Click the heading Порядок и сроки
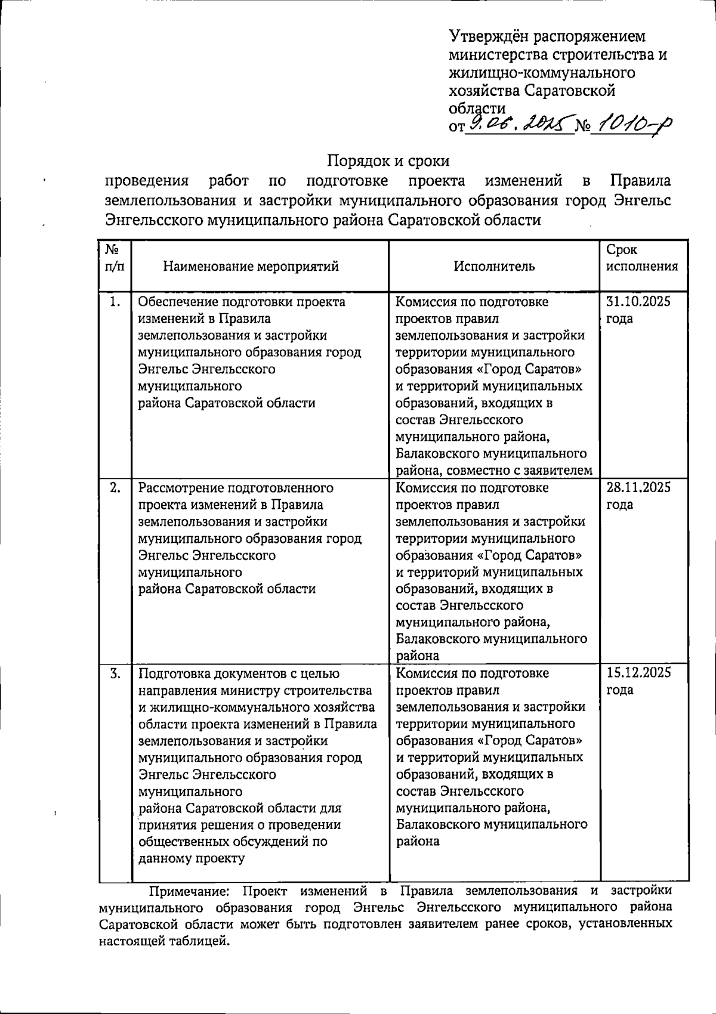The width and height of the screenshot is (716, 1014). [x=388, y=161]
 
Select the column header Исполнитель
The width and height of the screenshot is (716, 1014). [x=494, y=266]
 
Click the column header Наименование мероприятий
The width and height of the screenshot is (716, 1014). [x=251, y=266]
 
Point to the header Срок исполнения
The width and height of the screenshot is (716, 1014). [x=641, y=258]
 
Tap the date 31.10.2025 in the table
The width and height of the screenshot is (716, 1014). [x=638, y=302]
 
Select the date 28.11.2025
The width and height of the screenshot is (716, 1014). [x=638, y=488]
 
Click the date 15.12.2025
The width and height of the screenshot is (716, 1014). [x=638, y=673]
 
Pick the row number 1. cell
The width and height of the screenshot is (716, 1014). [x=116, y=302]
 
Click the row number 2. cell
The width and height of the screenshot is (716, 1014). [x=116, y=488]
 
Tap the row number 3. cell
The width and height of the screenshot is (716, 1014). [x=116, y=673]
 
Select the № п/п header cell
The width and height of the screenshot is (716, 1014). [x=115, y=258]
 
